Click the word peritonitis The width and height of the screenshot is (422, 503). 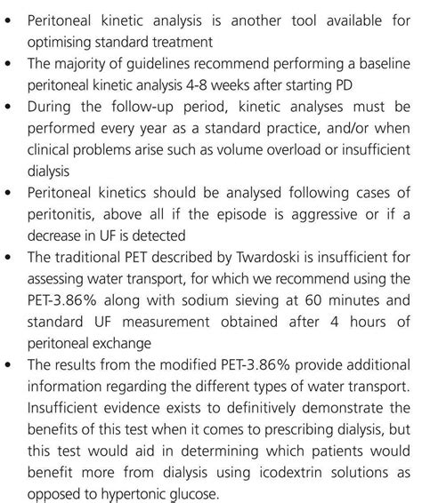pyautogui.click(x=65, y=213)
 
